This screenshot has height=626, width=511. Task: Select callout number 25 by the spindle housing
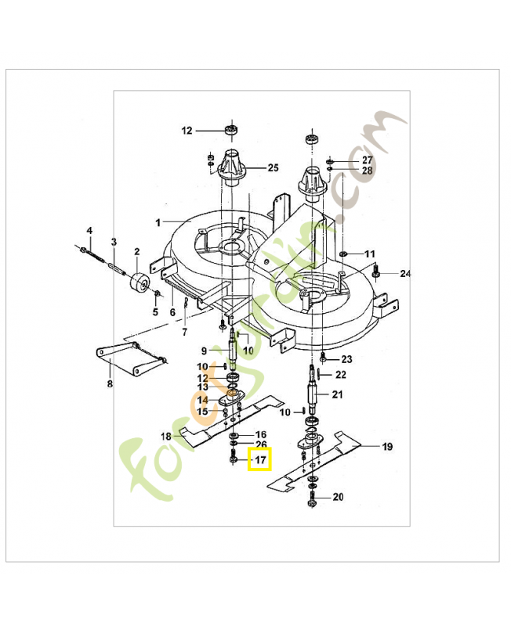[273, 167]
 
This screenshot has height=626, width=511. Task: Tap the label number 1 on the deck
[158, 222]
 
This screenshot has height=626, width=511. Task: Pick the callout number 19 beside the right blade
[387, 447]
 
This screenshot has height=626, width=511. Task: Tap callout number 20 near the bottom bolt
[338, 497]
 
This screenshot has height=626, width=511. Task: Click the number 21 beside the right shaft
[337, 394]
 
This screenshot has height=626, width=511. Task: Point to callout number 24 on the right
[405, 274]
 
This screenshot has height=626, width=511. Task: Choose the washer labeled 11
[345, 254]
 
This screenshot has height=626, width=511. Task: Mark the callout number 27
[368, 159]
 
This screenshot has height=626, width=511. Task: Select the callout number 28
[368, 170]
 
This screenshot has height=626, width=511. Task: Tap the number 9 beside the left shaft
[204, 351]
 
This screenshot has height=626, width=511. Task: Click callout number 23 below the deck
[346, 359]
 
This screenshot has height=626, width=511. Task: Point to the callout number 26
[261, 444]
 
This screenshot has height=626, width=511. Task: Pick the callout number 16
[261, 434]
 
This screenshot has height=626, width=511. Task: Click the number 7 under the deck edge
[184, 333]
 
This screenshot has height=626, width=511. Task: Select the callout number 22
[341, 375]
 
